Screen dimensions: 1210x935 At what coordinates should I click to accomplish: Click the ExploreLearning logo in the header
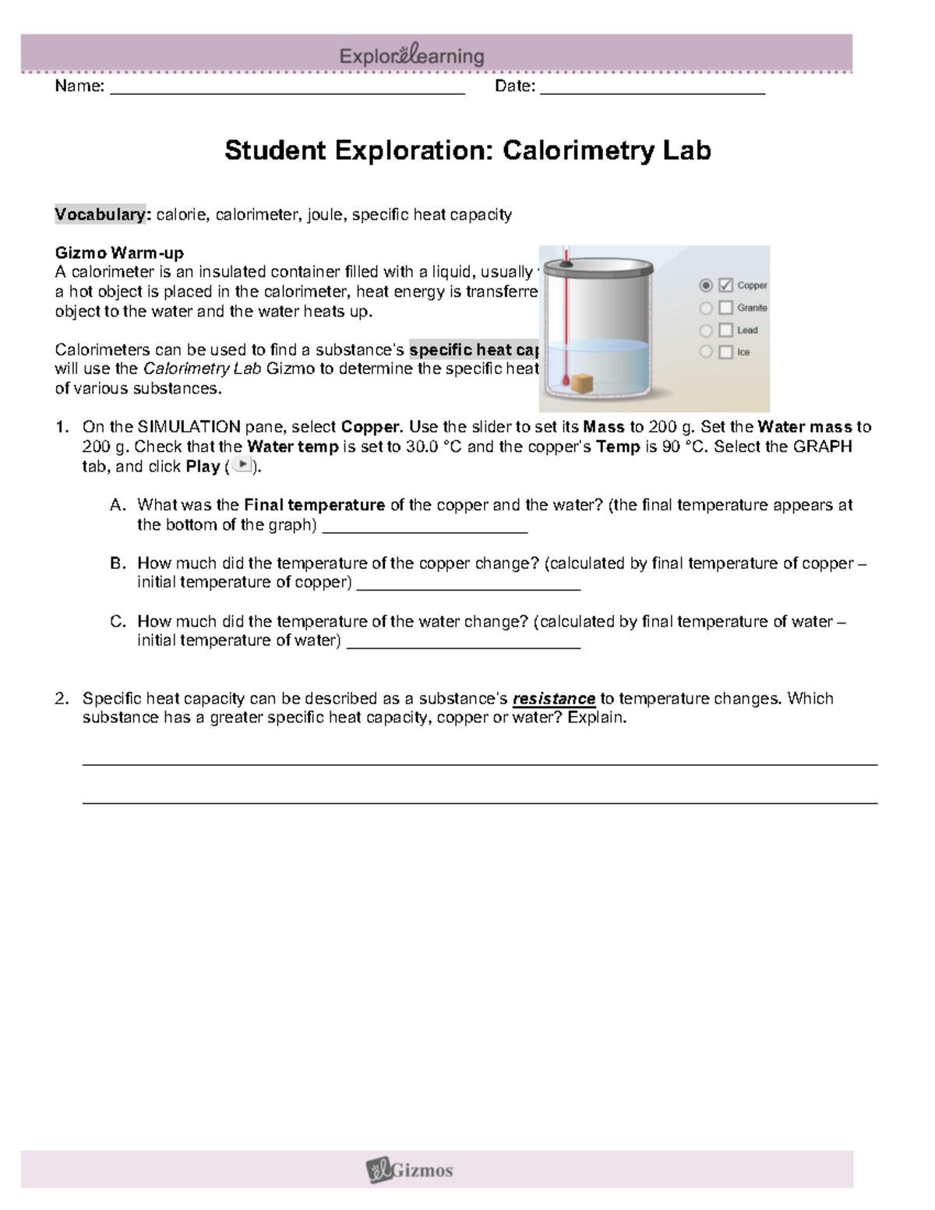(411, 56)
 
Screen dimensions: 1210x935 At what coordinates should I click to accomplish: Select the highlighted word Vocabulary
(101, 214)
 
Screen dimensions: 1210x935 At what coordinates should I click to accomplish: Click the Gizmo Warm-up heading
(119, 252)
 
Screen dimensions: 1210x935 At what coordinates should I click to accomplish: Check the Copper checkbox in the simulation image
(725, 285)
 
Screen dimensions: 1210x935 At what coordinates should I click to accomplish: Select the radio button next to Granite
(706, 308)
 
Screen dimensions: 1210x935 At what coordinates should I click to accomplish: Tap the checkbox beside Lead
(725, 330)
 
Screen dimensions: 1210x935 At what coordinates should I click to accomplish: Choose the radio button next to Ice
(706, 352)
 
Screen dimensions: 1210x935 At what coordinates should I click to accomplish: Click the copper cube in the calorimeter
(583, 383)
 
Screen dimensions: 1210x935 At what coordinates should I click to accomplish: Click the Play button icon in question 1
(243, 465)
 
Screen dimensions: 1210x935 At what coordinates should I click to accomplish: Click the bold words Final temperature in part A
(314, 505)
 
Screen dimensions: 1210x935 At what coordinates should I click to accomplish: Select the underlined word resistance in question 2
(553, 699)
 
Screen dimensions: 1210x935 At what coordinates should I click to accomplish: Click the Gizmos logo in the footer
(410, 1169)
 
